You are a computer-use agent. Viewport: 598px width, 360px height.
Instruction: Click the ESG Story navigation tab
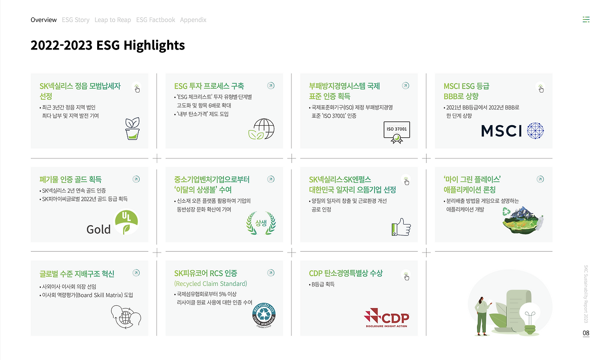tap(75, 20)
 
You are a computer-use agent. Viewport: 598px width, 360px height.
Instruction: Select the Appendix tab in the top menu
tap(193, 20)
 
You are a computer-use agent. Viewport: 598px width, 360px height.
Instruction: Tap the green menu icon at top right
tap(586, 20)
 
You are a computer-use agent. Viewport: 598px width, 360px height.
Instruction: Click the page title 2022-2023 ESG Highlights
tap(107, 45)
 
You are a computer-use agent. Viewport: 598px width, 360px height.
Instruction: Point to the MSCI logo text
tap(501, 131)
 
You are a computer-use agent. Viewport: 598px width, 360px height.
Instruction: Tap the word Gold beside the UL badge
tap(99, 229)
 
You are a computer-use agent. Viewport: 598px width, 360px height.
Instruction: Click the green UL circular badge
tap(126, 222)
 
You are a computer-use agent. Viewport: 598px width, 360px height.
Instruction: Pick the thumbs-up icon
tap(401, 227)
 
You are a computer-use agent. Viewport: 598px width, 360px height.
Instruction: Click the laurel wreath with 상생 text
tap(261, 223)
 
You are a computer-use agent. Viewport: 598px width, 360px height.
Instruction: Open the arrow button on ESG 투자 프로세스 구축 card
tap(271, 86)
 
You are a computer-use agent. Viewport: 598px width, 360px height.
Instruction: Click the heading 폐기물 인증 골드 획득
tap(71, 179)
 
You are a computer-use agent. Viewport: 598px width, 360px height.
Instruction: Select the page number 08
tap(586, 333)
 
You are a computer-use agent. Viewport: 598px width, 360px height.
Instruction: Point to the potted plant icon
tap(133, 129)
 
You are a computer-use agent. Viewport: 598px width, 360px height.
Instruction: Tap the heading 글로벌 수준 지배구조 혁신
tap(77, 274)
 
